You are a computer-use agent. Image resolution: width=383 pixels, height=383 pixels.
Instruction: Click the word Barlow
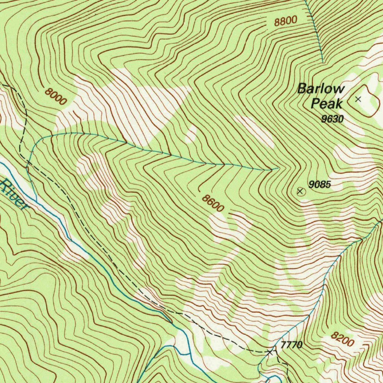point(321,89)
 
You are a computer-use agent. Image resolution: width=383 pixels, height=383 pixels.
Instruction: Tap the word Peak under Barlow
point(327,103)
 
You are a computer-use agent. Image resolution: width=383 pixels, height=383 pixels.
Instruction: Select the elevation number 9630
point(332,119)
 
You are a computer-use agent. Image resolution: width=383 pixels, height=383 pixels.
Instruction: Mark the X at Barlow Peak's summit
point(358,99)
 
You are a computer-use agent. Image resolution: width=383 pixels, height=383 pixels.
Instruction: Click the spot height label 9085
point(320,184)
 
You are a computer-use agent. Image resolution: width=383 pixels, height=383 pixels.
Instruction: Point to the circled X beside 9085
point(300,191)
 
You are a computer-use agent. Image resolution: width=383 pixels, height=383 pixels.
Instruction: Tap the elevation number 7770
point(291,345)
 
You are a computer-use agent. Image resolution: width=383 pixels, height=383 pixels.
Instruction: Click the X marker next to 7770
point(270,352)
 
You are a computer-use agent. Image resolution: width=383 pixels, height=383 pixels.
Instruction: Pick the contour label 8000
point(55,96)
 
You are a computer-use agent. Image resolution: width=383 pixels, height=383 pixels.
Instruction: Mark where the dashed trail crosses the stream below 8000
point(28,162)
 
